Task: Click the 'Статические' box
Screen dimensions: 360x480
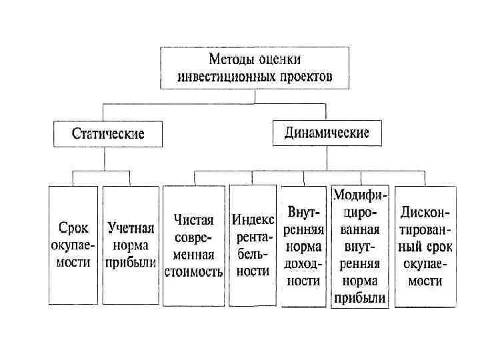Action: point(108,133)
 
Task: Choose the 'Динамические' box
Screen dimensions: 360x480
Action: point(327,133)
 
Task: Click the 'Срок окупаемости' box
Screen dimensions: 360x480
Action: point(73,245)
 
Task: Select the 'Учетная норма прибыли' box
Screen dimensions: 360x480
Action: point(131,245)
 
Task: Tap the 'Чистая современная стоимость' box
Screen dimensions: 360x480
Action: point(193,245)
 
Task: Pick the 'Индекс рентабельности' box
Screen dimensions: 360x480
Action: point(253,245)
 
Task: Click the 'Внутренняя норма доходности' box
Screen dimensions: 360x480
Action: point(304,246)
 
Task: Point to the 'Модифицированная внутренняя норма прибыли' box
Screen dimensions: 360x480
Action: point(359,246)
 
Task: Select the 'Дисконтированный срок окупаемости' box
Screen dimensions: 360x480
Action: point(425,246)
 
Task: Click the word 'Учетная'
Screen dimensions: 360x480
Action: point(131,229)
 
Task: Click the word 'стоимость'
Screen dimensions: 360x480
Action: point(193,271)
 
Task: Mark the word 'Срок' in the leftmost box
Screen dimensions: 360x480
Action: point(73,229)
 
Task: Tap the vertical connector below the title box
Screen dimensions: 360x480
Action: point(255,96)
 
